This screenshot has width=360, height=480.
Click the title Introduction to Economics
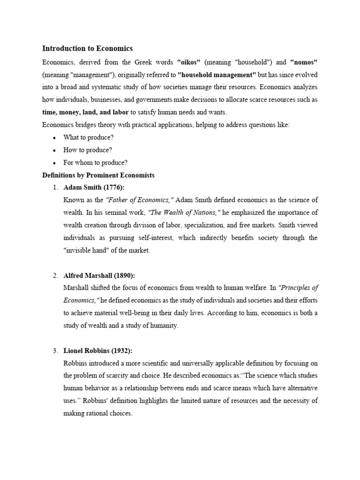[x=88, y=48]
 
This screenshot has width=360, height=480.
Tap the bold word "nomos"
[x=304, y=62]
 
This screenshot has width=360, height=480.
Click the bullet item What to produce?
[x=89, y=137]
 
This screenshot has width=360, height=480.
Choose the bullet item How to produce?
[x=88, y=150]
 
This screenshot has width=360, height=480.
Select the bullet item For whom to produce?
[x=95, y=163]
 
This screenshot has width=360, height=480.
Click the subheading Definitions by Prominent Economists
[x=98, y=175]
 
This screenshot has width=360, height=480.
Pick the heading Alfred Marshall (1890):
[x=99, y=275]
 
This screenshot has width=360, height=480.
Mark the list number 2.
[x=55, y=275]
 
